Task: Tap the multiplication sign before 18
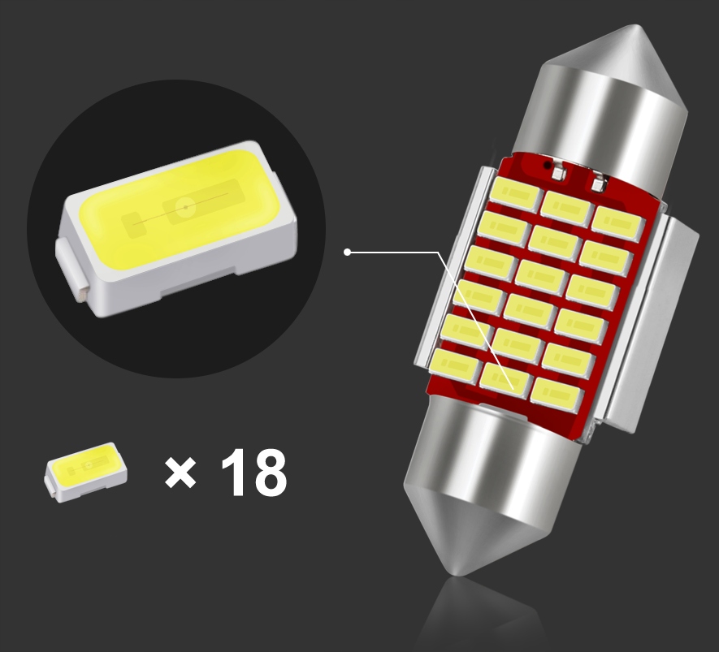[x=180, y=473]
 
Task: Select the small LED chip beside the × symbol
[x=86, y=471]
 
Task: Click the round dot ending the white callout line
[x=348, y=252]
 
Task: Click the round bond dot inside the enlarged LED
[x=184, y=209]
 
